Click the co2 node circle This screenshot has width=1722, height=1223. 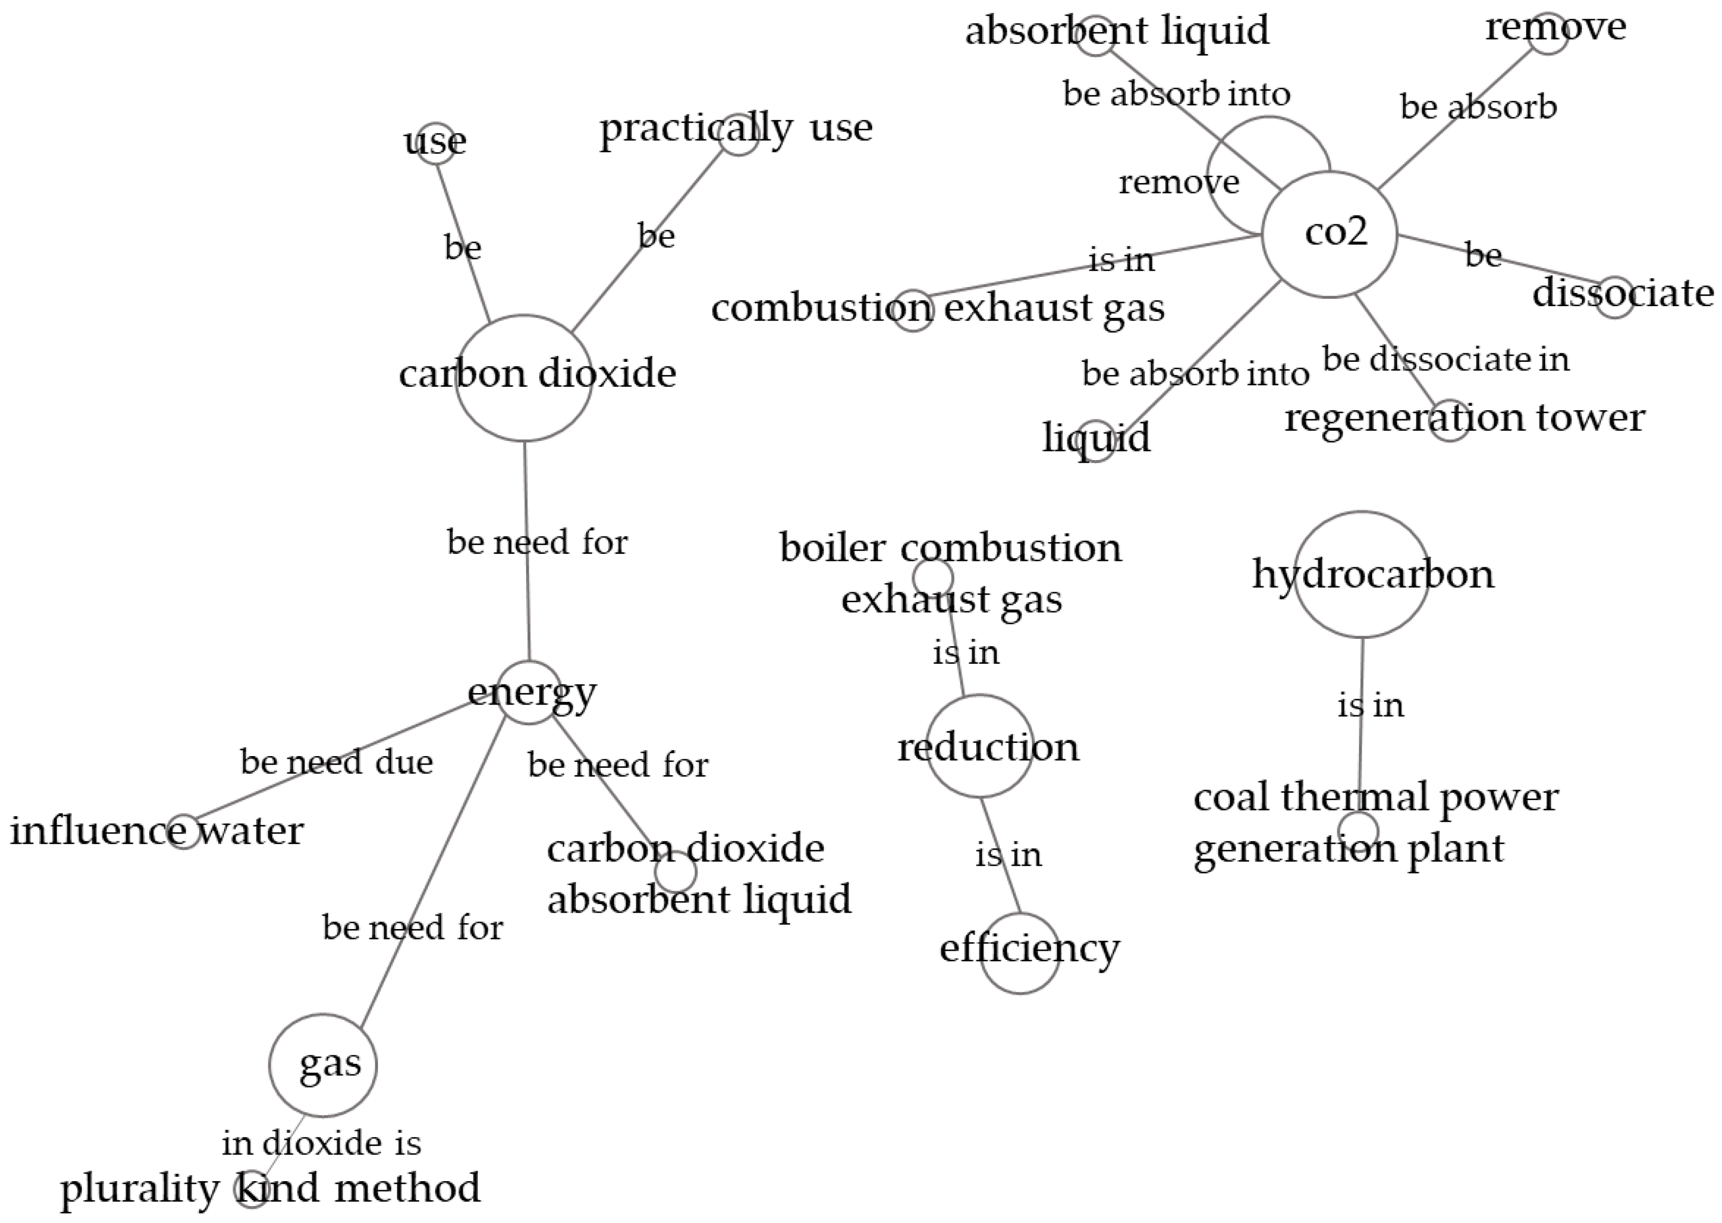[1330, 234]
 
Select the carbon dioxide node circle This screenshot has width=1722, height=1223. [523, 378]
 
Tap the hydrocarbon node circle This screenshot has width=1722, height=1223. [1362, 575]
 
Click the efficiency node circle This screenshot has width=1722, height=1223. [1020, 953]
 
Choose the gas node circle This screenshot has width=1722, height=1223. [323, 1065]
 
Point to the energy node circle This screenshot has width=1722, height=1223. [530, 692]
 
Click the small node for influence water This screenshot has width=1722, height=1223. [184, 831]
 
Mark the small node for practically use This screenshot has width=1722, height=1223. [739, 134]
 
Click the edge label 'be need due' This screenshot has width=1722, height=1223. [337, 762]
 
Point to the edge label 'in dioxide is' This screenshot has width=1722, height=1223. [322, 1143]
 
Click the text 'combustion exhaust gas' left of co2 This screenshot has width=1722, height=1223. [938, 307]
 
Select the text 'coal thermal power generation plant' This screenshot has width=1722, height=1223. [1375, 822]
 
